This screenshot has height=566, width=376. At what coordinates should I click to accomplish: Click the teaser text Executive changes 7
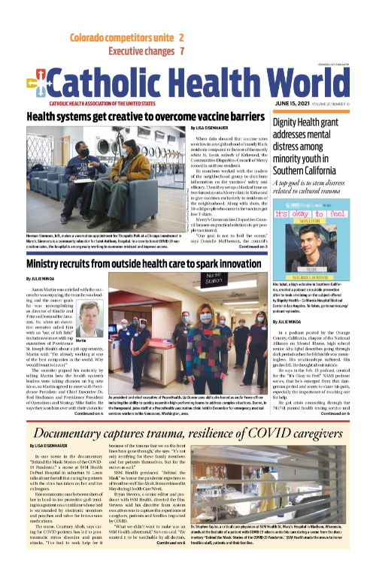click(x=147, y=51)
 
